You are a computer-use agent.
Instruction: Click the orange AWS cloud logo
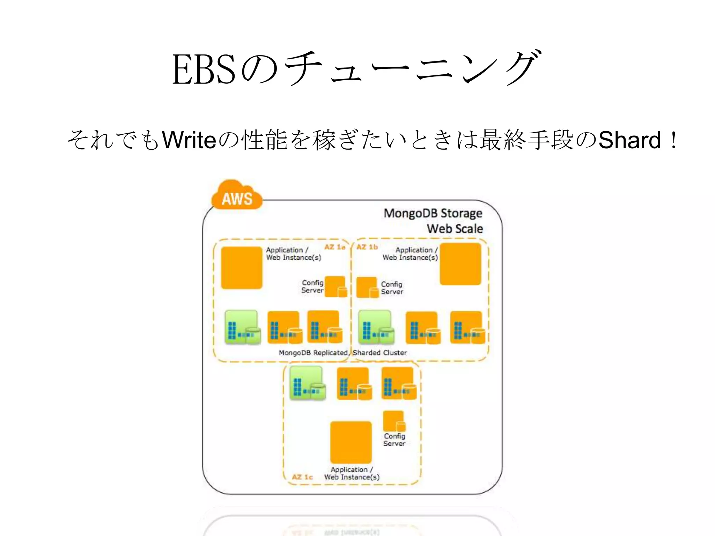pos(237,196)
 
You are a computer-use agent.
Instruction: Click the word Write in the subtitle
pos(189,140)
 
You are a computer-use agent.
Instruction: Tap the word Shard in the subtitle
pos(629,140)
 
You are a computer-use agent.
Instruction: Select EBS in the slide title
pos(204,70)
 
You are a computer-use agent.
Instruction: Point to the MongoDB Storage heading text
pos(433,213)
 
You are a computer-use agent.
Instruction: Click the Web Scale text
pos(455,229)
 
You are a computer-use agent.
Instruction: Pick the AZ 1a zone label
pos(334,247)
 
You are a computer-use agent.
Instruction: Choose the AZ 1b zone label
pos(367,247)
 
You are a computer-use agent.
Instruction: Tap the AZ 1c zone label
pos(302,477)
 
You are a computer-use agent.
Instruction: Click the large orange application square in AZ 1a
pos(242,268)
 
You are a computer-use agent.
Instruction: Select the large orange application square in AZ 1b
pos(460,264)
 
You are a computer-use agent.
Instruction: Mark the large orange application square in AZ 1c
pos(351,442)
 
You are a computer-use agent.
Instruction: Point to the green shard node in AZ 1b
pos(376,327)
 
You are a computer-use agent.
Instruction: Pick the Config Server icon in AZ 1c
pos(394,421)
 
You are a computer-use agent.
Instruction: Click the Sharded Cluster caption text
pos(379,353)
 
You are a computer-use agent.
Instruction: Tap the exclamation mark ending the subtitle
pos(673,140)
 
